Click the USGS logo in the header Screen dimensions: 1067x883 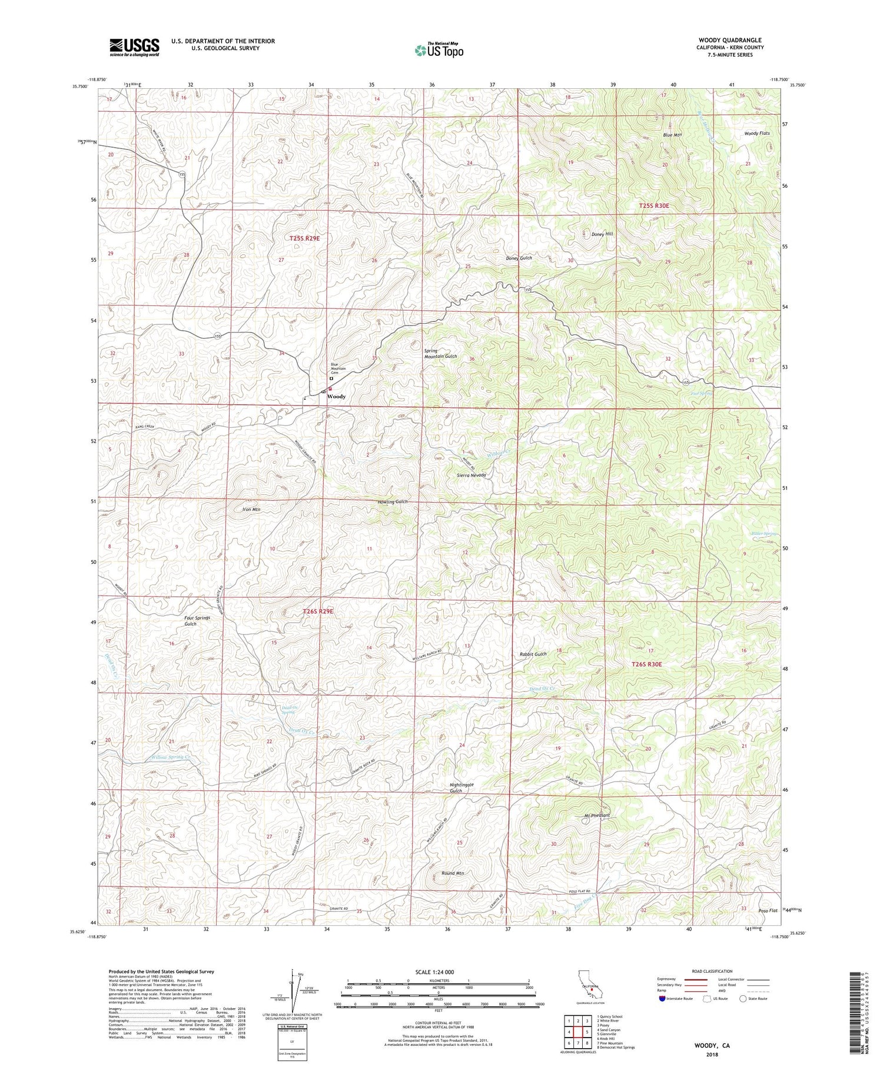point(134,47)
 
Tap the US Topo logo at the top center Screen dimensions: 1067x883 point(439,51)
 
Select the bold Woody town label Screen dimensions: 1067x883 point(336,397)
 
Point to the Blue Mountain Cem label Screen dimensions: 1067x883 point(338,369)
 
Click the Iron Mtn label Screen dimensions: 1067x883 point(251,509)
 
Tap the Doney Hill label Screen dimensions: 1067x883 point(602,234)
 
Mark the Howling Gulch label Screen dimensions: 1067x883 point(392,501)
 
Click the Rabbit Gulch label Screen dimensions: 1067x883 point(533,654)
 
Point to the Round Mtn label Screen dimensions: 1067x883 point(453,873)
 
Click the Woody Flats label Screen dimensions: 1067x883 point(757,134)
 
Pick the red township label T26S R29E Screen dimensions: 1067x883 point(318,611)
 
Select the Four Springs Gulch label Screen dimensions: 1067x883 point(197,621)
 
